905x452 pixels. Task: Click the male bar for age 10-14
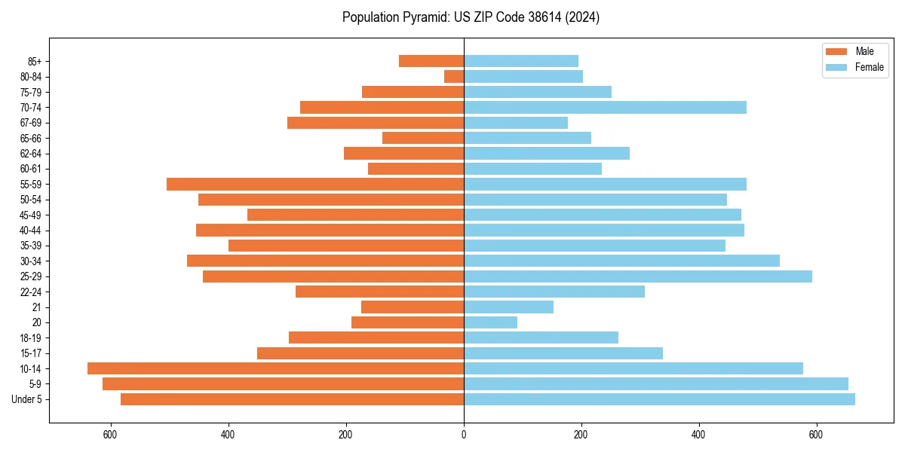tap(275, 368)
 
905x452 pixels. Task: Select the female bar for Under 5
tap(659, 399)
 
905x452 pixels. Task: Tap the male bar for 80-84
tap(454, 76)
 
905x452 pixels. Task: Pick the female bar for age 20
tap(490, 322)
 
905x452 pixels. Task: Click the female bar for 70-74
tap(605, 107)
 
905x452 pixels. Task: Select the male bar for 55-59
tap(315, 184)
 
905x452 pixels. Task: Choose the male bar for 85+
tap(431, 61)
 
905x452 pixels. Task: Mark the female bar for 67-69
tap(516, 123)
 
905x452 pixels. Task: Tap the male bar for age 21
tap(413, 307)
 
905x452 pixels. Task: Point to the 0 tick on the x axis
tap(464, 435)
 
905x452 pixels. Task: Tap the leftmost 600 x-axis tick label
tap(111, 435)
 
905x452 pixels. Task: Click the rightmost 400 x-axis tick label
tap(699, 435)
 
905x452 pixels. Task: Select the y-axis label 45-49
tap(30, 215)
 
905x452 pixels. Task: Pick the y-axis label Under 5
tap(27, 399)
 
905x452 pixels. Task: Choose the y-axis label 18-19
tap(30, 338)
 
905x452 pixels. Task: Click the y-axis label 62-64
tap(30, 154)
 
